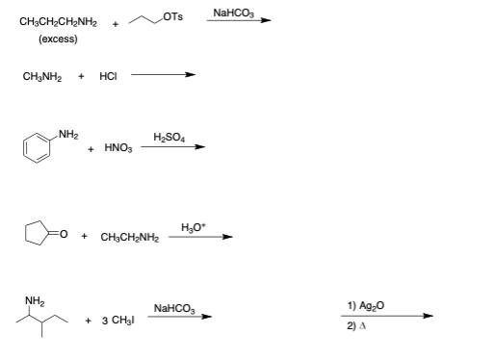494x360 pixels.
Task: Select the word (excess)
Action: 58,40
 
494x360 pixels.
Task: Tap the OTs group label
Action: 172,14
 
